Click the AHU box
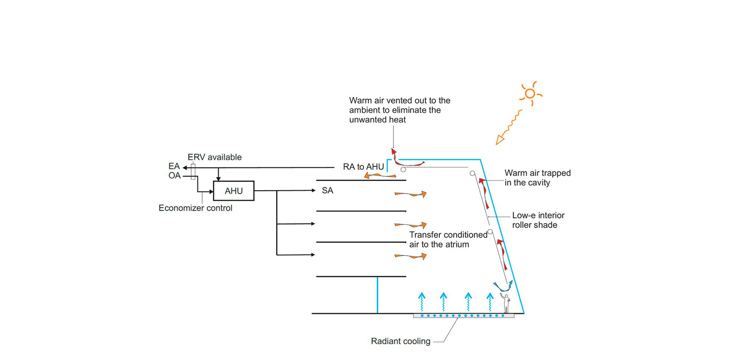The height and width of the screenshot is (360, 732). (x=233, y=191)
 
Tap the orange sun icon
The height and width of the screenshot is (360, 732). (x=530, y=93)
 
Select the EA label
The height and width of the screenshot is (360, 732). (x=174, y=166)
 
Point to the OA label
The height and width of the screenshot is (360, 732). (x=174, y=176)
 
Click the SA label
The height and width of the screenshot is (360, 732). (x=327, y=190)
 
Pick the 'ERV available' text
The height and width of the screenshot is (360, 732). (x=214, y=157)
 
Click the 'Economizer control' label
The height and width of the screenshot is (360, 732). (x=195, y=208)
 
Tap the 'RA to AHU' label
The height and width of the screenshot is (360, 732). (x=363, y=167)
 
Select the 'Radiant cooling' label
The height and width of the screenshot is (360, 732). (x=400, y=341)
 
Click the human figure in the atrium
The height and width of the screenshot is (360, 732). (x=506, y=303)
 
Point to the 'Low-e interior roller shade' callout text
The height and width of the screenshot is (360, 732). (x=538, y=220)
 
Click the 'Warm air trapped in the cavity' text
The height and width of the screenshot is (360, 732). (x=537, y=178)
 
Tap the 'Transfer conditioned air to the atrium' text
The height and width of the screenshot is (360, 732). (x=448, y=239)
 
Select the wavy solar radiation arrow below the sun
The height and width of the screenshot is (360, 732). (x=509, y=127)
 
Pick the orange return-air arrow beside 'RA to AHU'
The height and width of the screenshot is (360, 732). (x=380, y=175)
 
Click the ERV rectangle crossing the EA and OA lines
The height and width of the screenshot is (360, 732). (x=193, y=171)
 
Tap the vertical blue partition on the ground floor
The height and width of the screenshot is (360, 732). (x=377, y=295)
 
